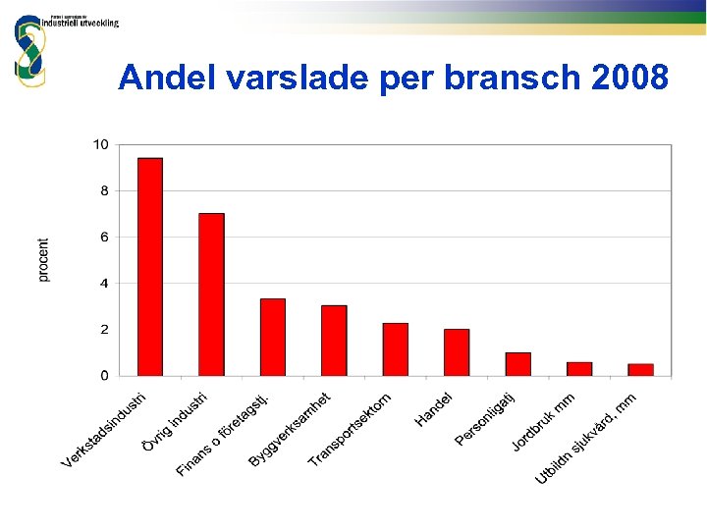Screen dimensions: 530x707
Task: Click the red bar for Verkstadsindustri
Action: (149, 266)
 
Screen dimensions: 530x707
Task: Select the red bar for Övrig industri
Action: (211, 293)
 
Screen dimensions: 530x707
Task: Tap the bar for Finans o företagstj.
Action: (272, 337)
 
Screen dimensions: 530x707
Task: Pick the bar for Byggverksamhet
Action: (334, 340)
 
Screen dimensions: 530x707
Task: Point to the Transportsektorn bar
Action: (395, 348)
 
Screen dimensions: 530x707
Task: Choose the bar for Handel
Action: (457, 351)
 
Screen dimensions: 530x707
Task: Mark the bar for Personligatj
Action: (517, 363)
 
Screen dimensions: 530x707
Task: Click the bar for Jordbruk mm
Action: (579, 368)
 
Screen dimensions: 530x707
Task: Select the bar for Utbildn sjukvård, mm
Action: (640, 369)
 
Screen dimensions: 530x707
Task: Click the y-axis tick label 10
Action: (100, 144)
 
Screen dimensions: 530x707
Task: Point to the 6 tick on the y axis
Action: (104, 237)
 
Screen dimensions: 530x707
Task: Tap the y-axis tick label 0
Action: (104, 375)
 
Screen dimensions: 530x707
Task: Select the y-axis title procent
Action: (44, 260)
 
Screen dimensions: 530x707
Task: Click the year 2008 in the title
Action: (631, 77)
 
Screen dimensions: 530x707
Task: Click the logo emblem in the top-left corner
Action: (29, 49)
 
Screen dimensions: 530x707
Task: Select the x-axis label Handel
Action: (434, 409)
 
